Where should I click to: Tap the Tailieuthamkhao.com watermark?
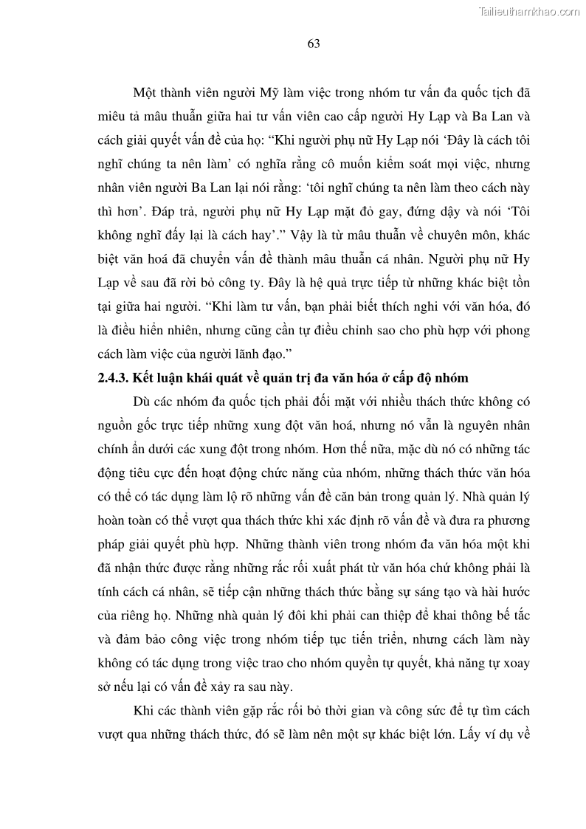pos(529,12)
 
